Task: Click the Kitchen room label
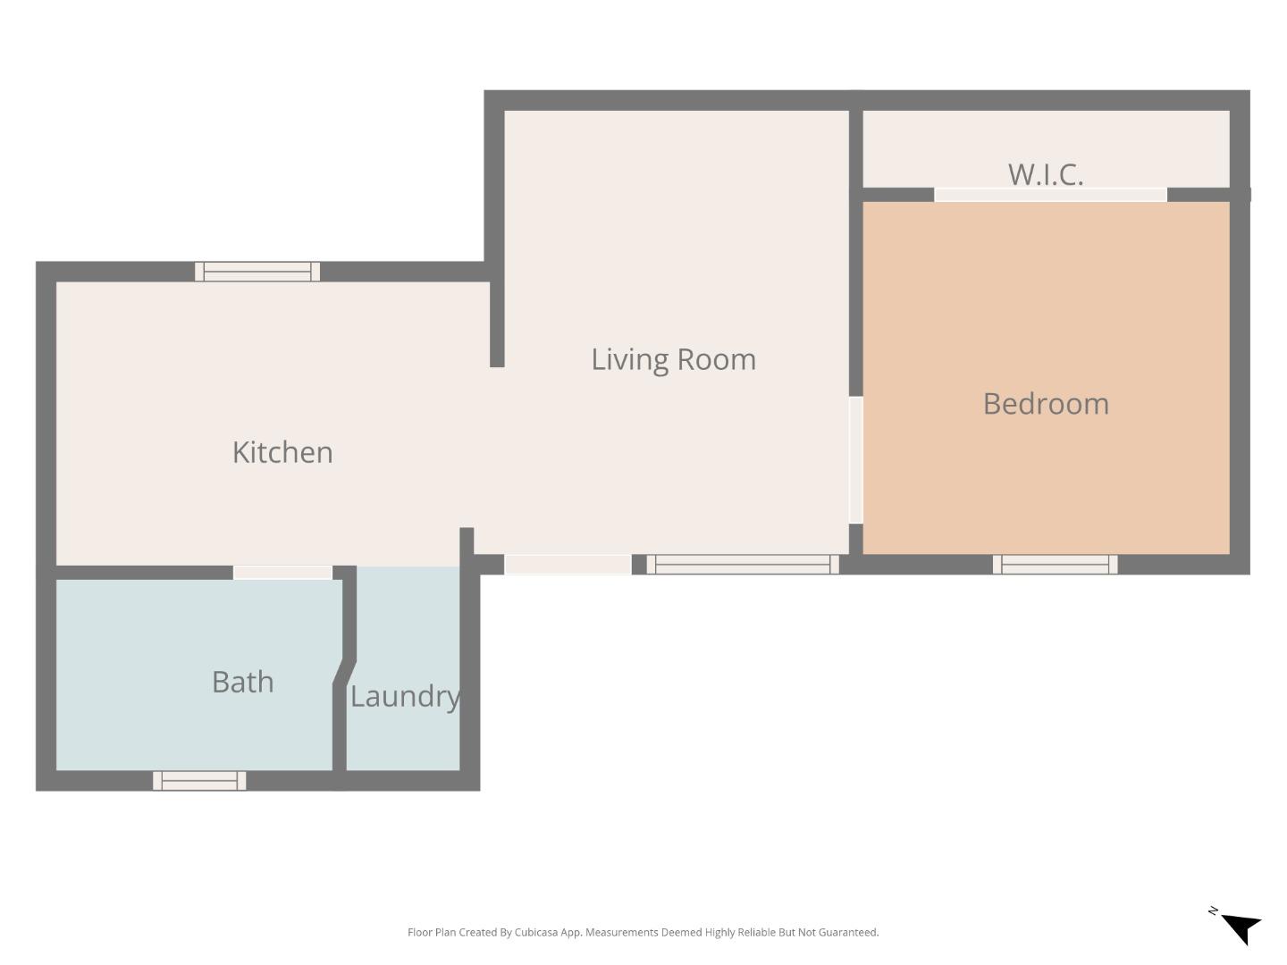(282, 452)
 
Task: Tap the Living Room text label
(673, 359)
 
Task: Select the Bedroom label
(1046, 404)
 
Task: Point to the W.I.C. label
(1046, 174)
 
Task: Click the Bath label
(242, 682)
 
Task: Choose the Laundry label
(405, 696)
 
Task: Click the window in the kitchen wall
(257, 272)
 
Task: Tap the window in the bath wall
(199, 781)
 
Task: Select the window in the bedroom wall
(1055, 565)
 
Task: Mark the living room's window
(742, 565)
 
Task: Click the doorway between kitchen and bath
(282, 573)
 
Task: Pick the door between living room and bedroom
(855, 460)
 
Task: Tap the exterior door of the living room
(568, 565)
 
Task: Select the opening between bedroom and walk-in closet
(1050, 195)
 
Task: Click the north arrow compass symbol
(1239, 927)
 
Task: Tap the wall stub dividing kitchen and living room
(497, 322)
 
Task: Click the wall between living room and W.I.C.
(855, 147)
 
